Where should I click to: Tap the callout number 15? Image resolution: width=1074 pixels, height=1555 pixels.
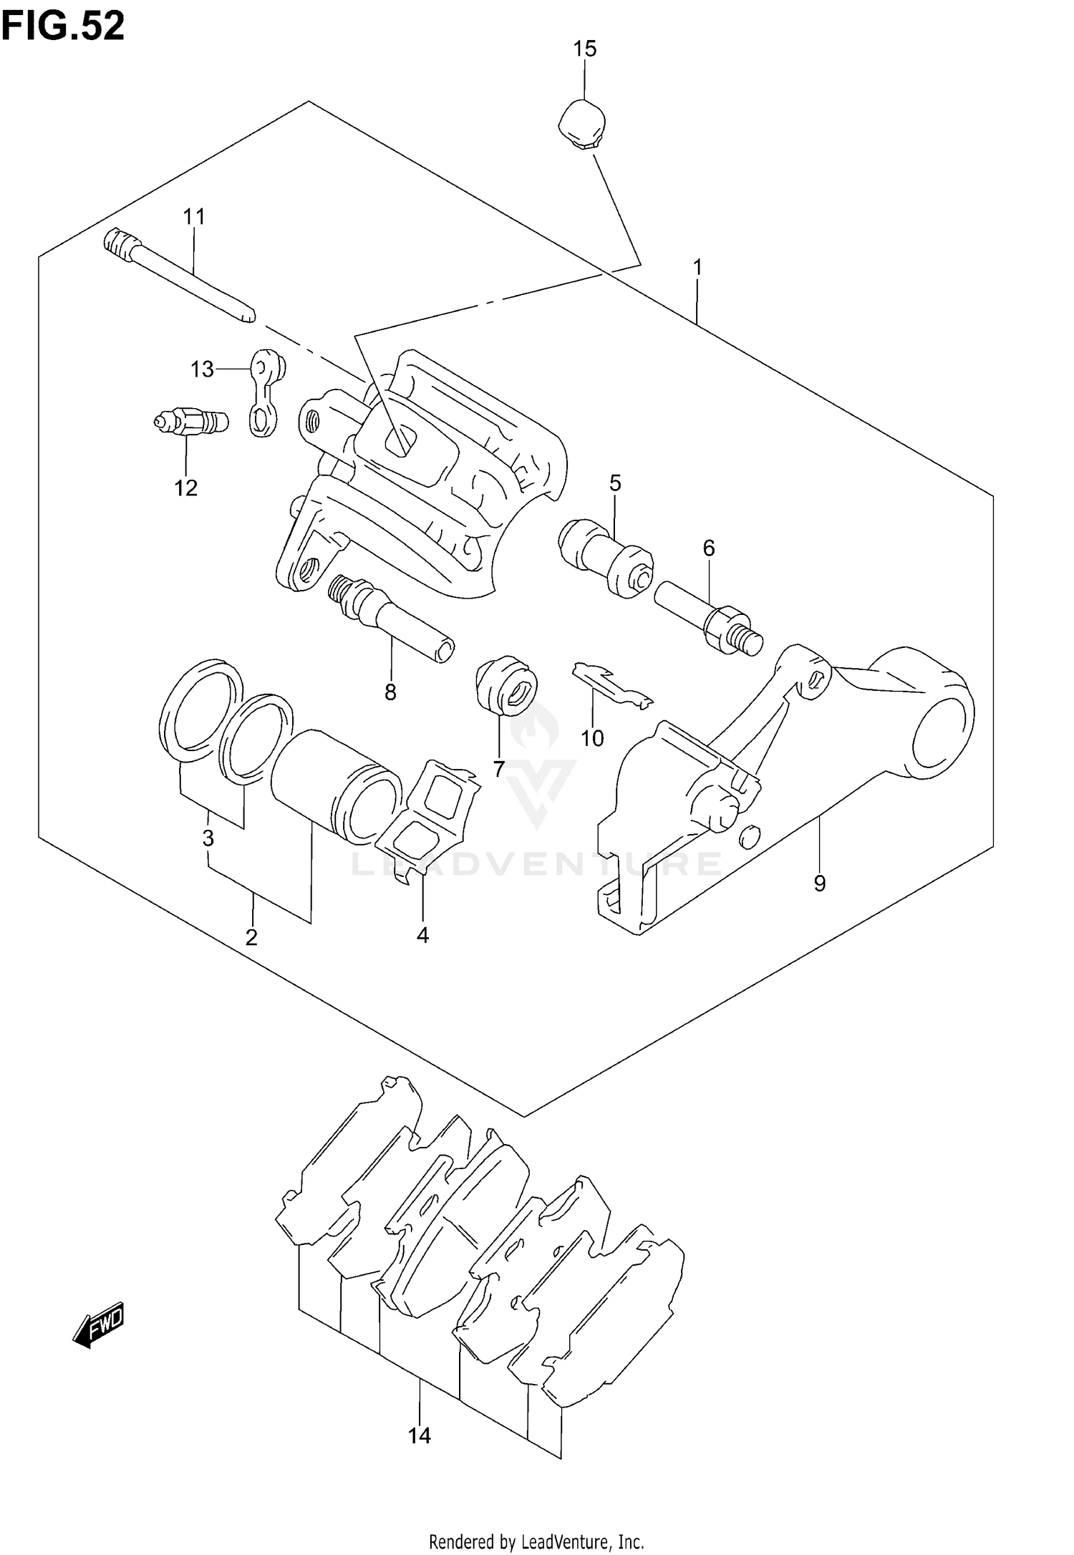tap(584, 49)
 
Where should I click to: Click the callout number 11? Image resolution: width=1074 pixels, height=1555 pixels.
tap(193, 216)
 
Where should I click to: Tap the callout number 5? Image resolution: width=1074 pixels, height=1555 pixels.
tap(615, 483)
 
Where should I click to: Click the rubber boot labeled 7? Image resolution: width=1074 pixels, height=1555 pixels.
tap(507, 683)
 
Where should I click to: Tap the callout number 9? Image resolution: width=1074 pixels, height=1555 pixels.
tap(820, 883)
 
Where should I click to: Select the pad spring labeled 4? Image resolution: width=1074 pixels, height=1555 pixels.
tap(430, 816)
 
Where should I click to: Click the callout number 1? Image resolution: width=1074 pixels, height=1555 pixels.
tap(697, 268)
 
